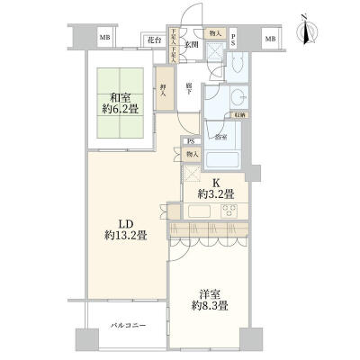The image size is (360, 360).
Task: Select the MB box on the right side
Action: [269, 39]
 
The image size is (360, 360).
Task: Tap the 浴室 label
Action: [220, 137]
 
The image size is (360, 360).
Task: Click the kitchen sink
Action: [201, 212]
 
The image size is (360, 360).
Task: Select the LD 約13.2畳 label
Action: [126, 229]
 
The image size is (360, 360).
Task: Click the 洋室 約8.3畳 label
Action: [209, 301]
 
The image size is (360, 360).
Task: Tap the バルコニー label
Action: [128, 323]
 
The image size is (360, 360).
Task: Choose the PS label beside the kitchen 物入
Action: [190, 141]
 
